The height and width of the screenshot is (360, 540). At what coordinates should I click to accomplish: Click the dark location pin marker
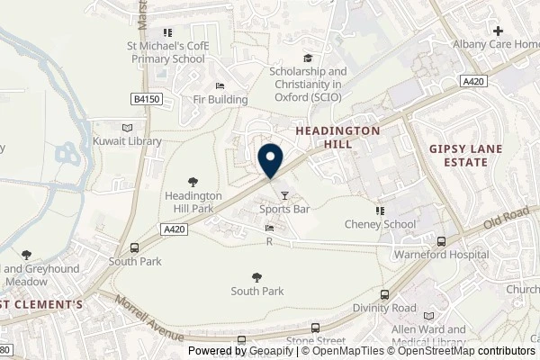270,160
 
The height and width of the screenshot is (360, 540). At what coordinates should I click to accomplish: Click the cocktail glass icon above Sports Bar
285,194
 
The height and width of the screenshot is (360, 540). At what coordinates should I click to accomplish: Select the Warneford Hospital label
440,255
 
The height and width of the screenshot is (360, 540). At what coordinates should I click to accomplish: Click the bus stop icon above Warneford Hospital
441,241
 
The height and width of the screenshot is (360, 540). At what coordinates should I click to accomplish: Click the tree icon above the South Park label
257,277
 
